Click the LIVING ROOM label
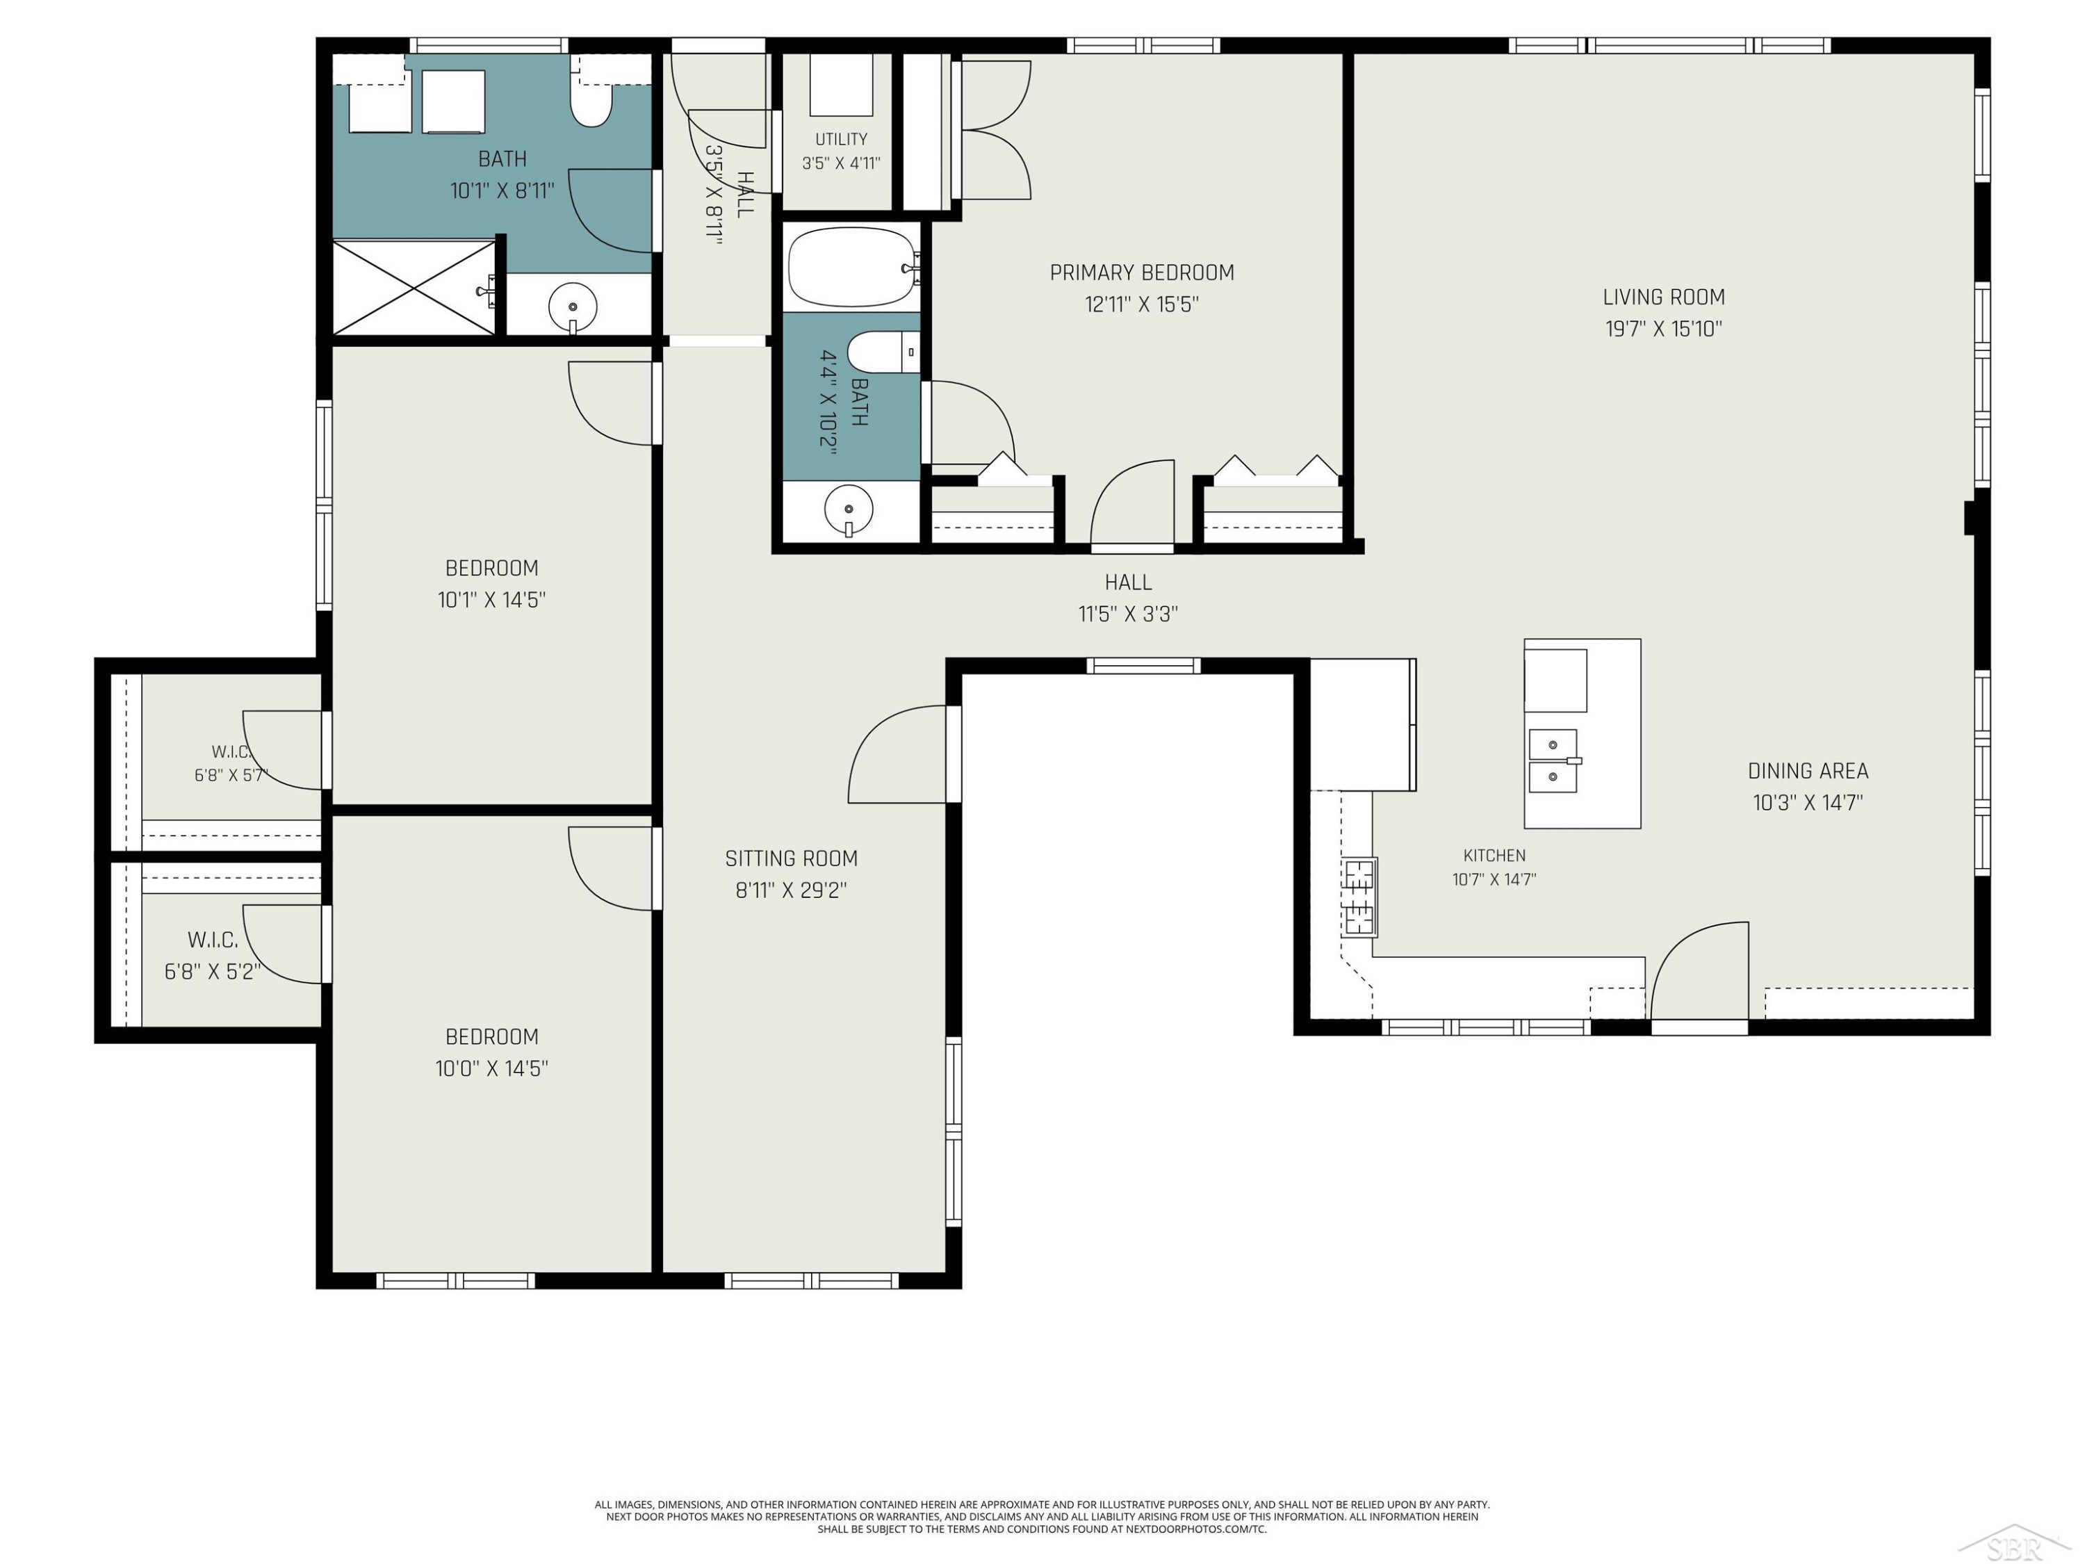pos(1664,297)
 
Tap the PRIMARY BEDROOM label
pos(1141,272)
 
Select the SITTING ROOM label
pos(791,858)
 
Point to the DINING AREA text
pos(1808,770)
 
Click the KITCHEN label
pos(1494,855)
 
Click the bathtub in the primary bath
pos(851,267)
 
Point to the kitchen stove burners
pos(1359,897)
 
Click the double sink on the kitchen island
pos(1553,760)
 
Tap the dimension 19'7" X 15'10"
pos(1664,329)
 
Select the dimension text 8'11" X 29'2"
pos(791,890)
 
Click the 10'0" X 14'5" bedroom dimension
pos(491,1068)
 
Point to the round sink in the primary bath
pos(849,510)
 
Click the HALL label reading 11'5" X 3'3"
pos(1128,598)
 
